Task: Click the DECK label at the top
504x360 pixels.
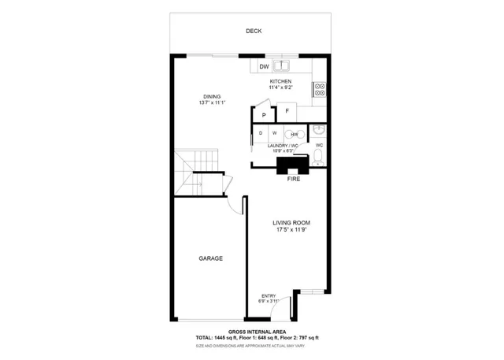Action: pos(253,32)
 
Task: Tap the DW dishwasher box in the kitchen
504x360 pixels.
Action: pos(264,67)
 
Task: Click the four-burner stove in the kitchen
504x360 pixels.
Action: pos(321,90)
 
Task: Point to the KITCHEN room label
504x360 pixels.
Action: pos(280,82)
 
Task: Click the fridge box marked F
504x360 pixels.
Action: pos(287,112)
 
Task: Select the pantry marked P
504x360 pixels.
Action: pos(263,115)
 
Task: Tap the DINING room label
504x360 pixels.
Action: pos(212,97)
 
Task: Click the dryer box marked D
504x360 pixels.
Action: pos(261,134)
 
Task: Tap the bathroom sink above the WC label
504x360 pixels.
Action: pos(317,130)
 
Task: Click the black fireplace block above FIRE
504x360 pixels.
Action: pos(294,165)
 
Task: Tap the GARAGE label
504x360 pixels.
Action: pos(209,258)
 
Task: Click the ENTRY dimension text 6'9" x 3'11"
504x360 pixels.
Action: pos(268,301)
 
